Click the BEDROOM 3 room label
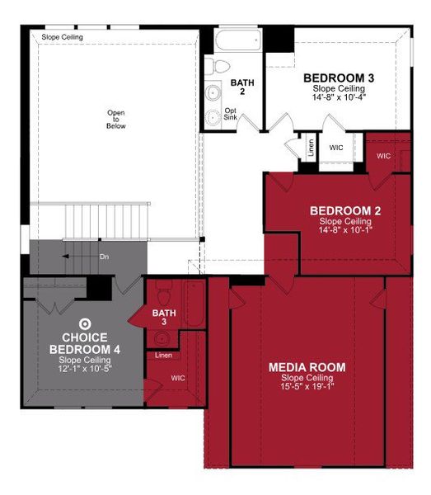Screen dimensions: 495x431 (x=339, y=78)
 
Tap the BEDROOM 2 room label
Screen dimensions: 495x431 (x=344, y=211)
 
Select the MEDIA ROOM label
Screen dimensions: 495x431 (x=307, y=367)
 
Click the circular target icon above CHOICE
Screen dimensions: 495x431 (x=84, y=324)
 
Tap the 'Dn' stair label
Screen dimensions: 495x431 (x=105, y=257)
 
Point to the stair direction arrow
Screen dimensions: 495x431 (x=65, y=257)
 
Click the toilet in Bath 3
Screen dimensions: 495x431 (x=163, y=293)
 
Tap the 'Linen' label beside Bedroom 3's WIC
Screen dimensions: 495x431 (x=311, y=148)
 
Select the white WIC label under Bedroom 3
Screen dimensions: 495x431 (x=336, y=148)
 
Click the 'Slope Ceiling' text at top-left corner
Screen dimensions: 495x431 (x=61, y=37)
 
